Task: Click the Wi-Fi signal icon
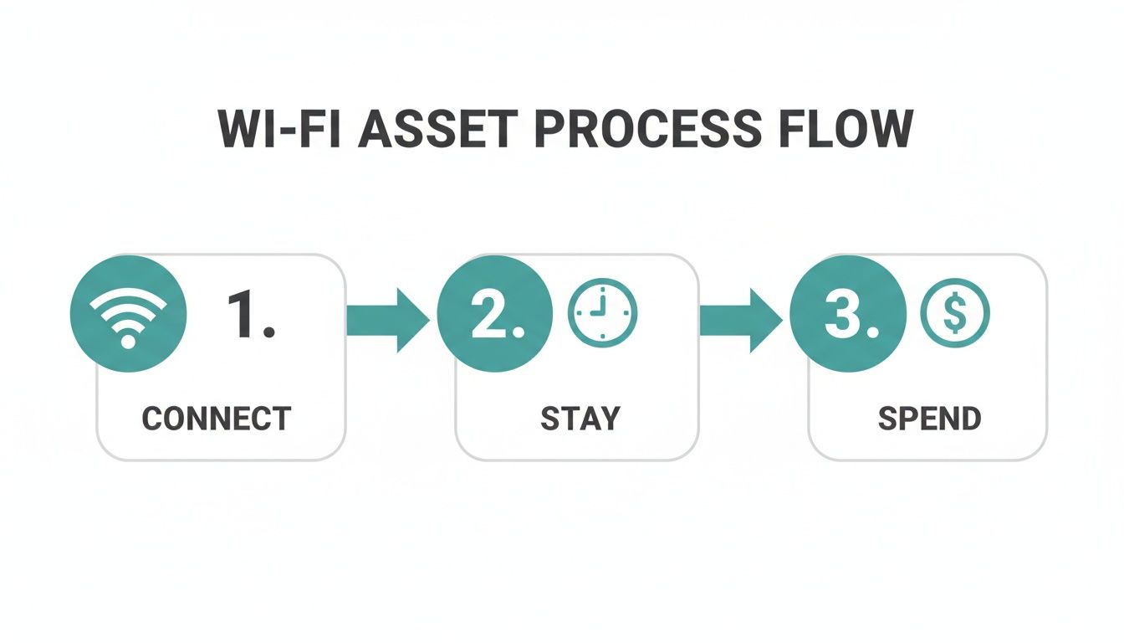point(128,314)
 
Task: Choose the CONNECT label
point(217,418)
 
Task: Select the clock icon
point(602,314)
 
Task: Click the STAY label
point(580,418)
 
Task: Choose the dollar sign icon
point(954,314)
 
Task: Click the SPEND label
point(929,418)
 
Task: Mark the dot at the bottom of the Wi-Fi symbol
point(128,341)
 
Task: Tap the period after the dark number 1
point(268,334)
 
